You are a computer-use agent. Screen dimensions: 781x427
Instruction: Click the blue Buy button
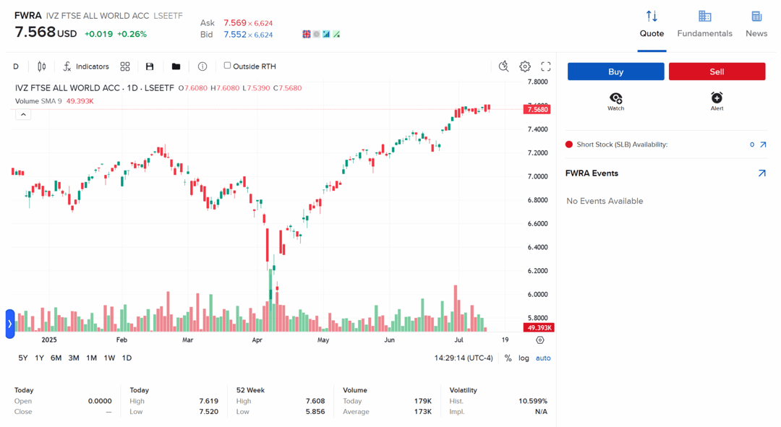coord(615,72)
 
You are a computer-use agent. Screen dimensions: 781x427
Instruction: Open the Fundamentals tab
coord(704,24)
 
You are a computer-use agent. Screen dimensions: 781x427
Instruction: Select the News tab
coord(756,24)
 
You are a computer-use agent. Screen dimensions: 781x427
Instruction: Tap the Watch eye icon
coord(615,98)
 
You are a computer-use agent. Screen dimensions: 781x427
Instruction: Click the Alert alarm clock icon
coord(717,98)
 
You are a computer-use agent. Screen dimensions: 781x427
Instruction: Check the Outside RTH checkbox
coord(227,66)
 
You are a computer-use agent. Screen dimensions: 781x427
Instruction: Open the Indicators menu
coord(86,66)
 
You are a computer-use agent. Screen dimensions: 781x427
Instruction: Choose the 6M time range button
coord(56,358)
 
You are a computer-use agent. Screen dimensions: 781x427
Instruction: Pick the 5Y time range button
coord(23,358)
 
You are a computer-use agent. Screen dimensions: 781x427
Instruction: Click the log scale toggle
coord(524,358)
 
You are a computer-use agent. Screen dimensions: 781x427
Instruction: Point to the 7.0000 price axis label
coord(537,176)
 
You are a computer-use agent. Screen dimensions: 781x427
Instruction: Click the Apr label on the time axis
coord(257,340)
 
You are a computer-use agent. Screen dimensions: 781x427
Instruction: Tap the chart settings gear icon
coord(525,66)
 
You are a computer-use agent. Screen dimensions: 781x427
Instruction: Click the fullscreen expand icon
coord(546,66)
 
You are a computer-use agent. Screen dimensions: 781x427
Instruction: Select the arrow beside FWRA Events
coord(761,173)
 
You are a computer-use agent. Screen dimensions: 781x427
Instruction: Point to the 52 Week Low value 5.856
coord(315,412)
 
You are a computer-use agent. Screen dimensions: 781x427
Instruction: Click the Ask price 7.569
coord(235,23)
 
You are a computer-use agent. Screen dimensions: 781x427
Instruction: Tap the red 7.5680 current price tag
coord(537,110)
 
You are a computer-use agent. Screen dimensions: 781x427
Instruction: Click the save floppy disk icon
coord(150,66)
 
